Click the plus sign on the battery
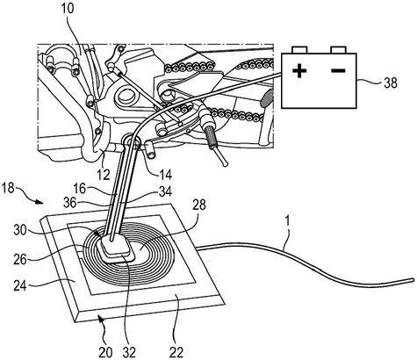tap(299, 71)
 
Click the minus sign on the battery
tap(339, 70)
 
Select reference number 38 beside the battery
tap(391, 83)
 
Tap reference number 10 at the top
tap(68, 9)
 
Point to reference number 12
tap(104, 175)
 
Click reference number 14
tap(165, 175)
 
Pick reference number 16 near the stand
tap(79, 189)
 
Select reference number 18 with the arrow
tap(8, 188)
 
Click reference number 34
tap(165, 191)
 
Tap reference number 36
tap(70, 203)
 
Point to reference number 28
tap(199, 205)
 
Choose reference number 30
tap(21, 230)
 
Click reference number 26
tap(20, 259)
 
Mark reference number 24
tap(20, 285)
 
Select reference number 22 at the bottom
tap(176, 351)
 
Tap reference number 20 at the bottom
tap(105, 353)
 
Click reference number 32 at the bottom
tap(129, 353)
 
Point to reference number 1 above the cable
tap(288, 221)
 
